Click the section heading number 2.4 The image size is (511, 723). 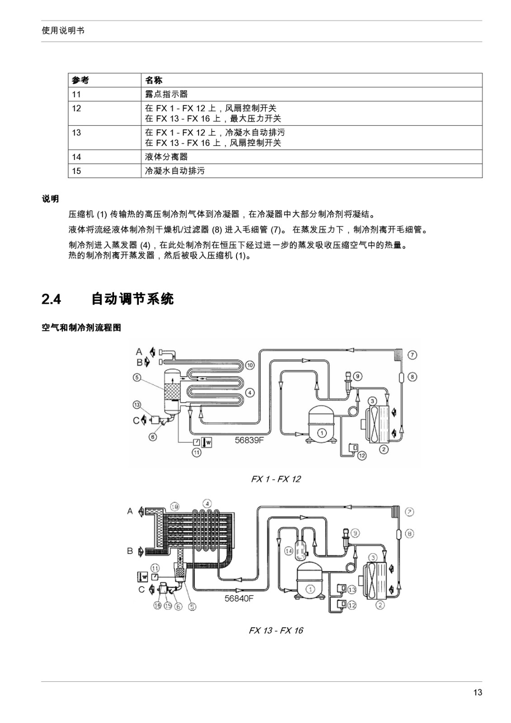(51, 300)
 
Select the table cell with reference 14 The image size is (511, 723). (104, 157)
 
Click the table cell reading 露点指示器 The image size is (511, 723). (312, 94)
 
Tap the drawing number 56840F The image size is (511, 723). (239, 598)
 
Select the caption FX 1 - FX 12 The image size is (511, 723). (276, 479)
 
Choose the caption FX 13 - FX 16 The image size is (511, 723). (276, 630)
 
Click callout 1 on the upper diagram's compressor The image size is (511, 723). (322, 432)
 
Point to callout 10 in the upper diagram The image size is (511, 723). (250, 365)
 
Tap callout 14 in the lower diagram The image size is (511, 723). (289, 551)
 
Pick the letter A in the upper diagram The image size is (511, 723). (139, 352)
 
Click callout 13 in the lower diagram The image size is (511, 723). (352, 590)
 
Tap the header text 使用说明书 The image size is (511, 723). (63, 31)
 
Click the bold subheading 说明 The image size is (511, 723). (50, 199)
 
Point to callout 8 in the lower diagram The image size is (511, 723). (409, 534)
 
